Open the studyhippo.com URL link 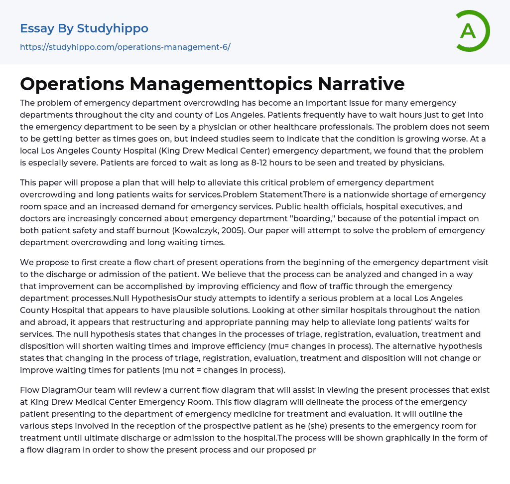[125, 47]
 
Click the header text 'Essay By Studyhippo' [84, 28]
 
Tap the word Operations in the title [72, 84]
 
